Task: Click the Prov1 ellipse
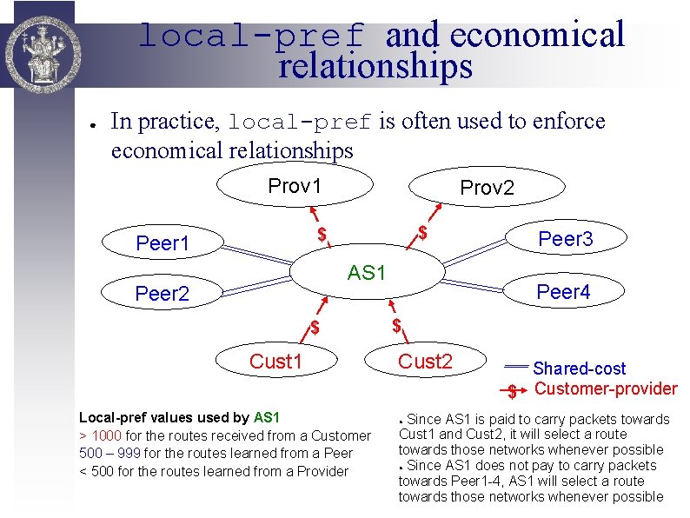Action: [295, 186]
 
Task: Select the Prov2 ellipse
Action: [487, 189]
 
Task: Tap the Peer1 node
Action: [163, 243]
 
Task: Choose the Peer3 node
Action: [566, 239]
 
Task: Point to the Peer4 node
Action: [563, 292]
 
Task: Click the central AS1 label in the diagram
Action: [366, 273]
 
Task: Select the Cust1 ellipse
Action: [275, 362]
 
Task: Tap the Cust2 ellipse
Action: [425, 362]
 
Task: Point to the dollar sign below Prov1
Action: [322, 234]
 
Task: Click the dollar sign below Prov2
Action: [422, 232]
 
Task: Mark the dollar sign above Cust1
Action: [316, 329]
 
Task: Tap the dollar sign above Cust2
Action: [396, 327]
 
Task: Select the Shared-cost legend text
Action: [579, 369]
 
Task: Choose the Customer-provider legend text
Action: [605, 388]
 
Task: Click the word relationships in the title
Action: [375, 66]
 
